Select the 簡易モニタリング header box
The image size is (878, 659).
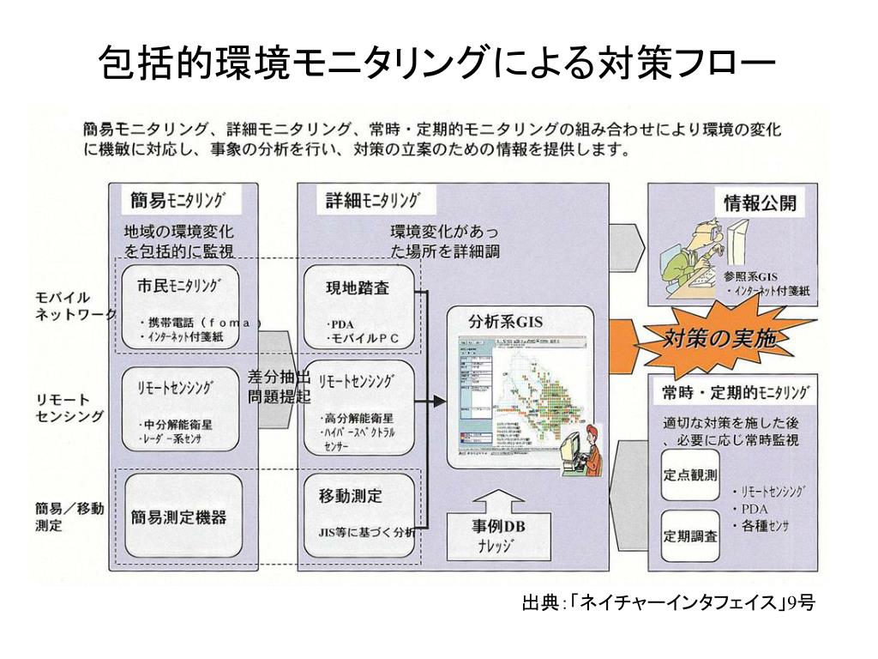tap(180, 201)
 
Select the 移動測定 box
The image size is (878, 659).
tap(359, 516)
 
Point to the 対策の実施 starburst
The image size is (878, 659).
tap(720, 338)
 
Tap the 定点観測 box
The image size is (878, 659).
tap(690, 475)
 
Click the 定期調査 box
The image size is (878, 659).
tap(690, 536)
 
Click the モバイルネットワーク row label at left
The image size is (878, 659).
tap(73, 305)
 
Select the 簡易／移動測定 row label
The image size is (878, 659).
tap(69, 517)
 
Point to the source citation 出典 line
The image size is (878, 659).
tap(668, 604)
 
